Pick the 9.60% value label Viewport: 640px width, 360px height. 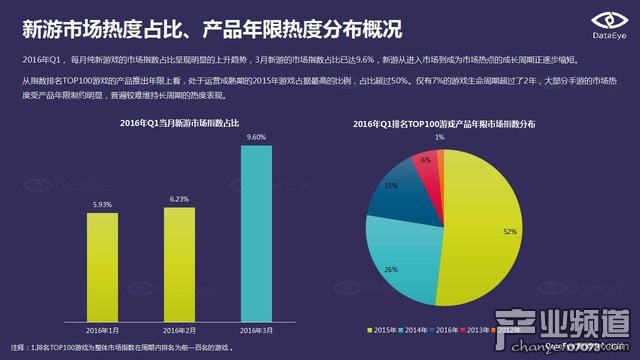pyautogui.click(x=256, y=137)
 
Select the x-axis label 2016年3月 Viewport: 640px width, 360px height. pyautogui.click(x=255, y=329)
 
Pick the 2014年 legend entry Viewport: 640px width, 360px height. pyautogui.click(x=421, y=329)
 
